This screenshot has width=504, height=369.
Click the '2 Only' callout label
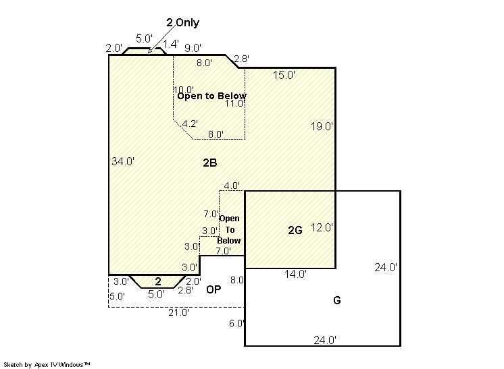click(182, 22)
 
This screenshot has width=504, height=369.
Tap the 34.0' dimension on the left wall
click(123, 161)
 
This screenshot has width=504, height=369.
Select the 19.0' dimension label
click(322, 126)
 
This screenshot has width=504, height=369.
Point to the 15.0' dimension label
click(284, 75)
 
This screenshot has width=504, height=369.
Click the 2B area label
click(210, 163)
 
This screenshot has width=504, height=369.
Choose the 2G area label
click(295, 230)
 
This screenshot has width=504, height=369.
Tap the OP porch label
click(213, 289)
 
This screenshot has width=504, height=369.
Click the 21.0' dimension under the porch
click(179, 312)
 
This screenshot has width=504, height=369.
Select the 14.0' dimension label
click(295, 274)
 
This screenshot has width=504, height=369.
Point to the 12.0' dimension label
click(322, 227)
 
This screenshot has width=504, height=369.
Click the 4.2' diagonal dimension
click(190, 123)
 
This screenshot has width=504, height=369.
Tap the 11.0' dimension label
click(235, 103)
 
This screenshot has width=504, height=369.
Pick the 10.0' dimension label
click(184, 90)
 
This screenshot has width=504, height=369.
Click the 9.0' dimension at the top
click(193, 48)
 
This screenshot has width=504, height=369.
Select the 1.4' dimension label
click(171, 44)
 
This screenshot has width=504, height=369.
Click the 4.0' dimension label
click(232, 186)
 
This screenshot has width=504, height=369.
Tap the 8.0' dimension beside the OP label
click(237, 280)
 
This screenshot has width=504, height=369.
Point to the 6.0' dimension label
click(237, 323)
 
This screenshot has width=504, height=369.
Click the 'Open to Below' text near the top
click(212, 96)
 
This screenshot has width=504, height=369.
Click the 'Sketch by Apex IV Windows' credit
click(47, 364)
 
